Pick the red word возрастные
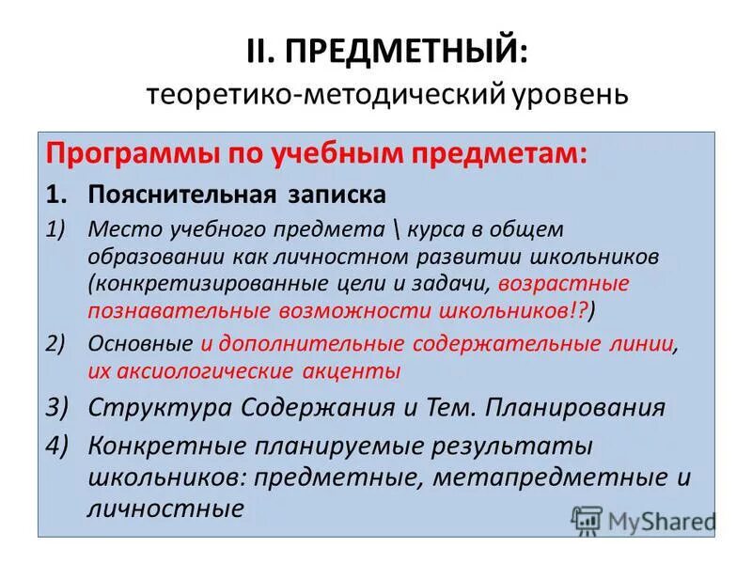(x=564, y=283)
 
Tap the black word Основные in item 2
(x=139, y=344)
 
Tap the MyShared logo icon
(x=587, y=520)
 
